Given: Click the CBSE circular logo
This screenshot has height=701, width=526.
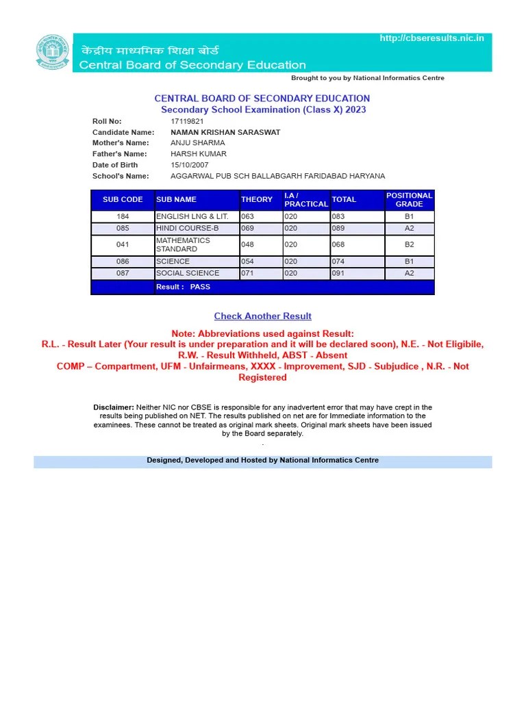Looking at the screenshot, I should [52, 53].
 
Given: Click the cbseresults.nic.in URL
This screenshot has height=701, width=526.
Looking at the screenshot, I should [431, 38].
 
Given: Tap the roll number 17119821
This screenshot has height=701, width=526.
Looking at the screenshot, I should [187, 121].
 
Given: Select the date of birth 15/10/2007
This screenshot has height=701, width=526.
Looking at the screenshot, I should [190, 165].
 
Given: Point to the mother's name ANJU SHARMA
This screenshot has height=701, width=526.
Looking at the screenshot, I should [197, 143].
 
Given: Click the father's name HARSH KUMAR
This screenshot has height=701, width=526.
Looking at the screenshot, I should [199, 154].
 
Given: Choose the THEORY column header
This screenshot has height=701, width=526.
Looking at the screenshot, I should [257, 200].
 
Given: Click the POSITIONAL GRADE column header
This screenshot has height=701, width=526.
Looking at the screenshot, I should [409, 200].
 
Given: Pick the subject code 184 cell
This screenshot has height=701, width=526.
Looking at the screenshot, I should [123, 216].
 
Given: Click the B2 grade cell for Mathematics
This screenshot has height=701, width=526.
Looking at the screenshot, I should [409, 244].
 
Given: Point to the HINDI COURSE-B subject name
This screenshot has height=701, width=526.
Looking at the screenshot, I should [188, 228].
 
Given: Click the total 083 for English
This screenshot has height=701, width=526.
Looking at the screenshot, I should [338, 216].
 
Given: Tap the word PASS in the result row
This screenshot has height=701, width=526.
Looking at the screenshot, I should [200, 287].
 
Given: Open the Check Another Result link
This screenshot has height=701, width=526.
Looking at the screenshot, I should [262, 316].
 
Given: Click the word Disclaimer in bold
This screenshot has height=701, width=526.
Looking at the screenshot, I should [114, 407].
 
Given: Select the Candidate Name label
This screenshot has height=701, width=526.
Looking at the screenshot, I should [123, 132].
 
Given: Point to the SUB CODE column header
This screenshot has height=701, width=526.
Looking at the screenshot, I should [123, 200].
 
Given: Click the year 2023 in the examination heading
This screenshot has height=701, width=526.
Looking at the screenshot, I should [355, 110].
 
